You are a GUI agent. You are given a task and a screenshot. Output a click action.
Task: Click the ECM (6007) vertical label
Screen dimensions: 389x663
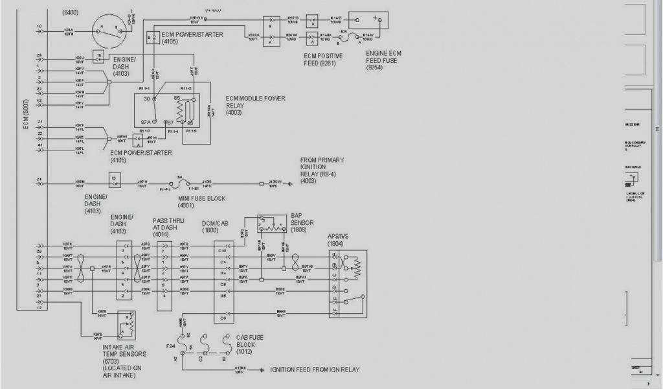point(26,117)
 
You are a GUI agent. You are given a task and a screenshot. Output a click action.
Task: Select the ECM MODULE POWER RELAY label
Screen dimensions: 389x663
point(255,106)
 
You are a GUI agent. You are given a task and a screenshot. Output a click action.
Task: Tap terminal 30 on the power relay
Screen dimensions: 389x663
point(146,99)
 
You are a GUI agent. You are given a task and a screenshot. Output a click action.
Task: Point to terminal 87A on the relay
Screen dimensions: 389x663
point(146,121)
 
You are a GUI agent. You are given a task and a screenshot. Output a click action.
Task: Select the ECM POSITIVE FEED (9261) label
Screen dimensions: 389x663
point(324,60)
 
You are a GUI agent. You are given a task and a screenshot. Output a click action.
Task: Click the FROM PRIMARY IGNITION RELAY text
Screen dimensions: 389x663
point(322,167)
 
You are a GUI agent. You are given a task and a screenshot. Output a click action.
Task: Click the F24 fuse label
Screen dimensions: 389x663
point(171,347)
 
